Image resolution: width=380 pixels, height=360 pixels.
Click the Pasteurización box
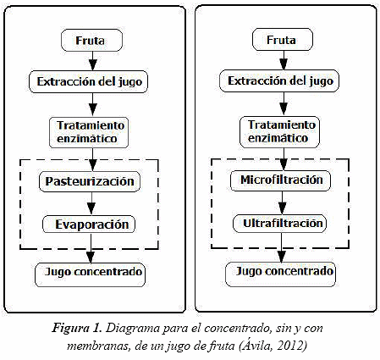click(x=90, y=181)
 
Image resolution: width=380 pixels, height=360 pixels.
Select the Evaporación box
click(x=89, y=224)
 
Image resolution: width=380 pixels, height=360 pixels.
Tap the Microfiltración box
click(x=281, y=180)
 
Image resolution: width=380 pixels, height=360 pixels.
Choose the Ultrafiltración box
click(x=279, y=224)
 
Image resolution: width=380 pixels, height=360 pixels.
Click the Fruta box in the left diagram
click(x=91, y=41)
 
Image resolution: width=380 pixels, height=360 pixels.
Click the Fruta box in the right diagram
click(x=283, y=40)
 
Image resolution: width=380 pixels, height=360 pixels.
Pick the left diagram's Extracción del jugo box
click(x=88, y=82)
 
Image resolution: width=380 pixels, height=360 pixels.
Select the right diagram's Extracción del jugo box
click(x=279, y=81)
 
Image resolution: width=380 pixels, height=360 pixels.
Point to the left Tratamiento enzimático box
click(x=89, y=132)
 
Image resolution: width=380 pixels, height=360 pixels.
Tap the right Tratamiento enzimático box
click(x=279, y=132)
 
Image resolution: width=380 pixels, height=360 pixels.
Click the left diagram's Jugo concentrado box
click(x=90, y=275)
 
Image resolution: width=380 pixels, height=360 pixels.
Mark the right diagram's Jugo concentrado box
click(x=281, y=274)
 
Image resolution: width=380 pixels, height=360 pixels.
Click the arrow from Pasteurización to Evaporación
click(x=91, y=204)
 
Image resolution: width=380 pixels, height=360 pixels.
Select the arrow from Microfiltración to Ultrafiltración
click(x=282, y=202)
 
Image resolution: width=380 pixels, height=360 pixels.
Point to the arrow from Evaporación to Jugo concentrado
click(x=91, y=248)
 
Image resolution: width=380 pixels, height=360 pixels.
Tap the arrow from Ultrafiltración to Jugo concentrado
click(x=281, y=247)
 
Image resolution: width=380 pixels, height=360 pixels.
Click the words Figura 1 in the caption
click(x=76, y=329)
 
